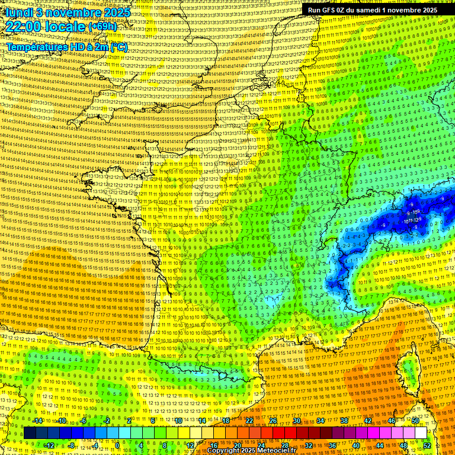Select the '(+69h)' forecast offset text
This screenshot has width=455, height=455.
point(102,27)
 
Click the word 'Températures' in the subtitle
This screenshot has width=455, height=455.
point(36,47)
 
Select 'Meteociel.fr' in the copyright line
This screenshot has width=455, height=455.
point(277,451)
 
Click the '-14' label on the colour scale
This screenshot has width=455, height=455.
point(38,421)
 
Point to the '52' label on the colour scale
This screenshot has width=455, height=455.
point(427,445)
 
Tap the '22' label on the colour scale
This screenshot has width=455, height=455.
point(249,421)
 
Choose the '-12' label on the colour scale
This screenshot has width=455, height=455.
point(49,445)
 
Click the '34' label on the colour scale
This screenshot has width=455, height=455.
point(320,421)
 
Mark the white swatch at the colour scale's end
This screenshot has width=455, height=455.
point(421,433)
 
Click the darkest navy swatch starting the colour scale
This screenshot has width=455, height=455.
point(30,433)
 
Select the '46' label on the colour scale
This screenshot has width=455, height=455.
point(391,421)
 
